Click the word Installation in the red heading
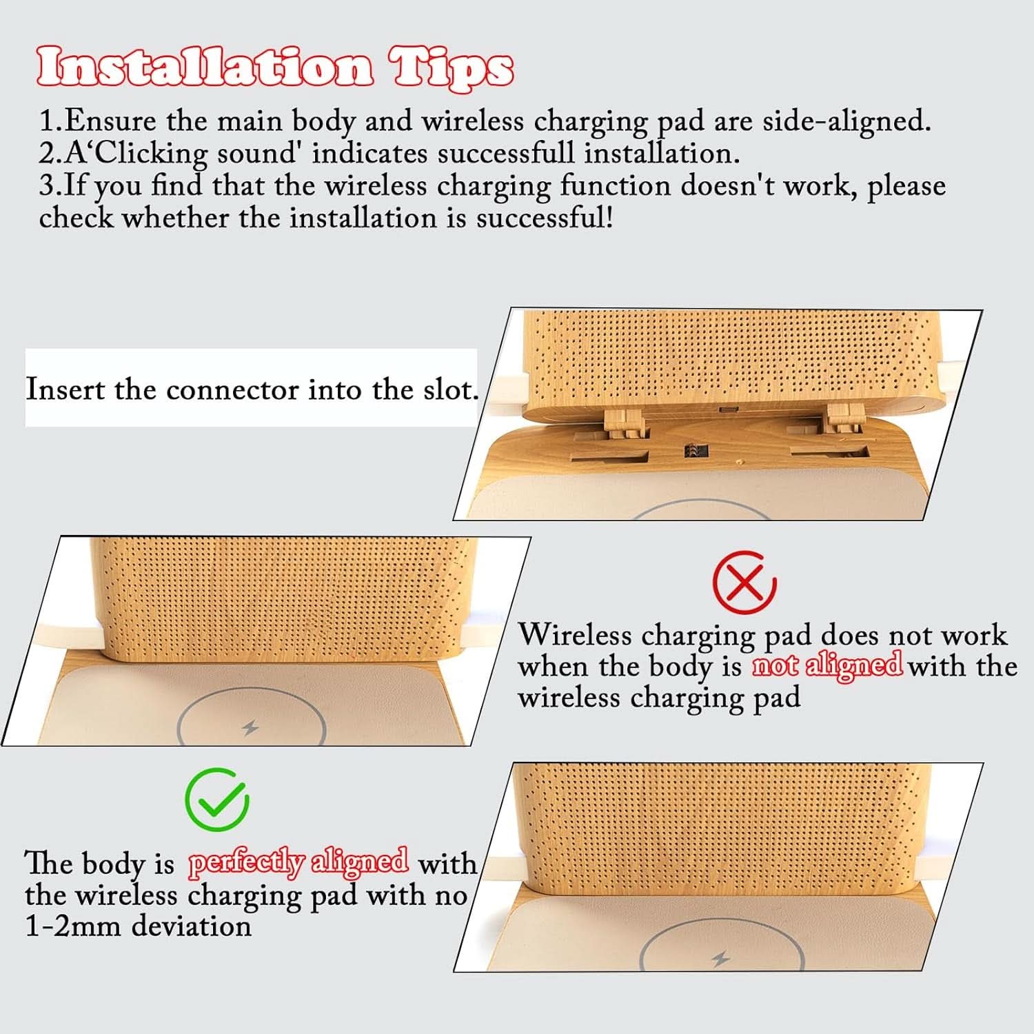[205, 68]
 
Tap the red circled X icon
[744, 583]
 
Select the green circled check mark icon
[217, 800]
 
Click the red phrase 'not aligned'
[827, 665]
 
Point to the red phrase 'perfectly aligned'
[298, 862]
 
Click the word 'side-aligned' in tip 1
[847, 121]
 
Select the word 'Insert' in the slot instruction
[65, 389]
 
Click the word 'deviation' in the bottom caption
[192, 926]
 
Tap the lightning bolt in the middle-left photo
[251, 727]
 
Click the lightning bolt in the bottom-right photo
[721, 959]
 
